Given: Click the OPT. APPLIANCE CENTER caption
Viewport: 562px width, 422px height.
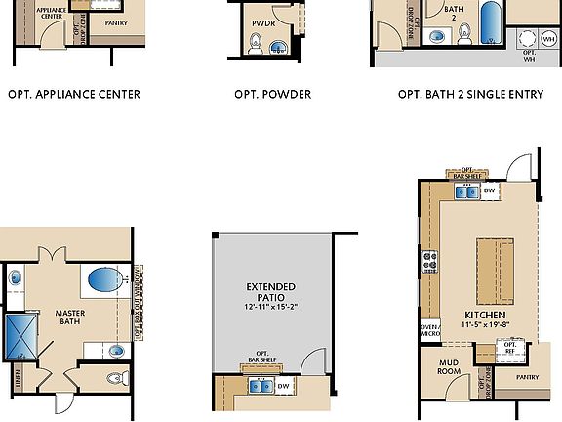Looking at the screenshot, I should (74, 95).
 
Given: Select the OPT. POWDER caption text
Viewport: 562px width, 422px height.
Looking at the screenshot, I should (272, 95).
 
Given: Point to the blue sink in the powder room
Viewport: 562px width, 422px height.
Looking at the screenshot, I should (279, 45).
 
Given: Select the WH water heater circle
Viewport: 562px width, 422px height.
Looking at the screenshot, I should (529, 40).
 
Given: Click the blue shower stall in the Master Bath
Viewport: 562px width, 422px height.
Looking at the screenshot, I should (19, 334).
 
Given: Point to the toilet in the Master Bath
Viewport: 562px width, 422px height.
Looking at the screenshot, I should (114, 380).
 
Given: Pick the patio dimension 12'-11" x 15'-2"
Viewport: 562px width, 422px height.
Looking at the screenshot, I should (272, 307).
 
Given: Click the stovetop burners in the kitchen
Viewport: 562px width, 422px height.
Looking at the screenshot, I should (429, 261).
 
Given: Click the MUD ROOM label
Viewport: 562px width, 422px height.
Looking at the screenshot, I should (442, 367).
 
